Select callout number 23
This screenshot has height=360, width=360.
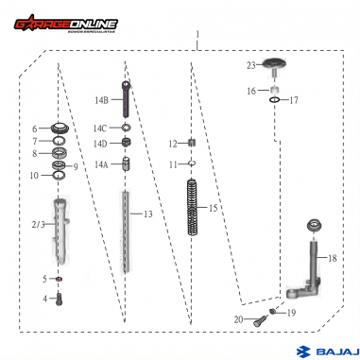pos(250,65)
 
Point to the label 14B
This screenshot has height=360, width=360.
pos(101,99)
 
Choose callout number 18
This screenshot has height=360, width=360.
pos(331,257)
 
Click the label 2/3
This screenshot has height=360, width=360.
pos(38,224)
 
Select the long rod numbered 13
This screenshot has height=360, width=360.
pos(126,236)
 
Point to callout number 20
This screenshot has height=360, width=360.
pos(238,320)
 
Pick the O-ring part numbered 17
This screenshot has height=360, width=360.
pos(272,100)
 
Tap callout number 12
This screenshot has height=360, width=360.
pos(173,144)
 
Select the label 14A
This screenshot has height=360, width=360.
pos(101,163)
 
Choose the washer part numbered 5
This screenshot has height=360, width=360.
pos(59,279)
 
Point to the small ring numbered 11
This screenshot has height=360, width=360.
pos(191,164)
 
